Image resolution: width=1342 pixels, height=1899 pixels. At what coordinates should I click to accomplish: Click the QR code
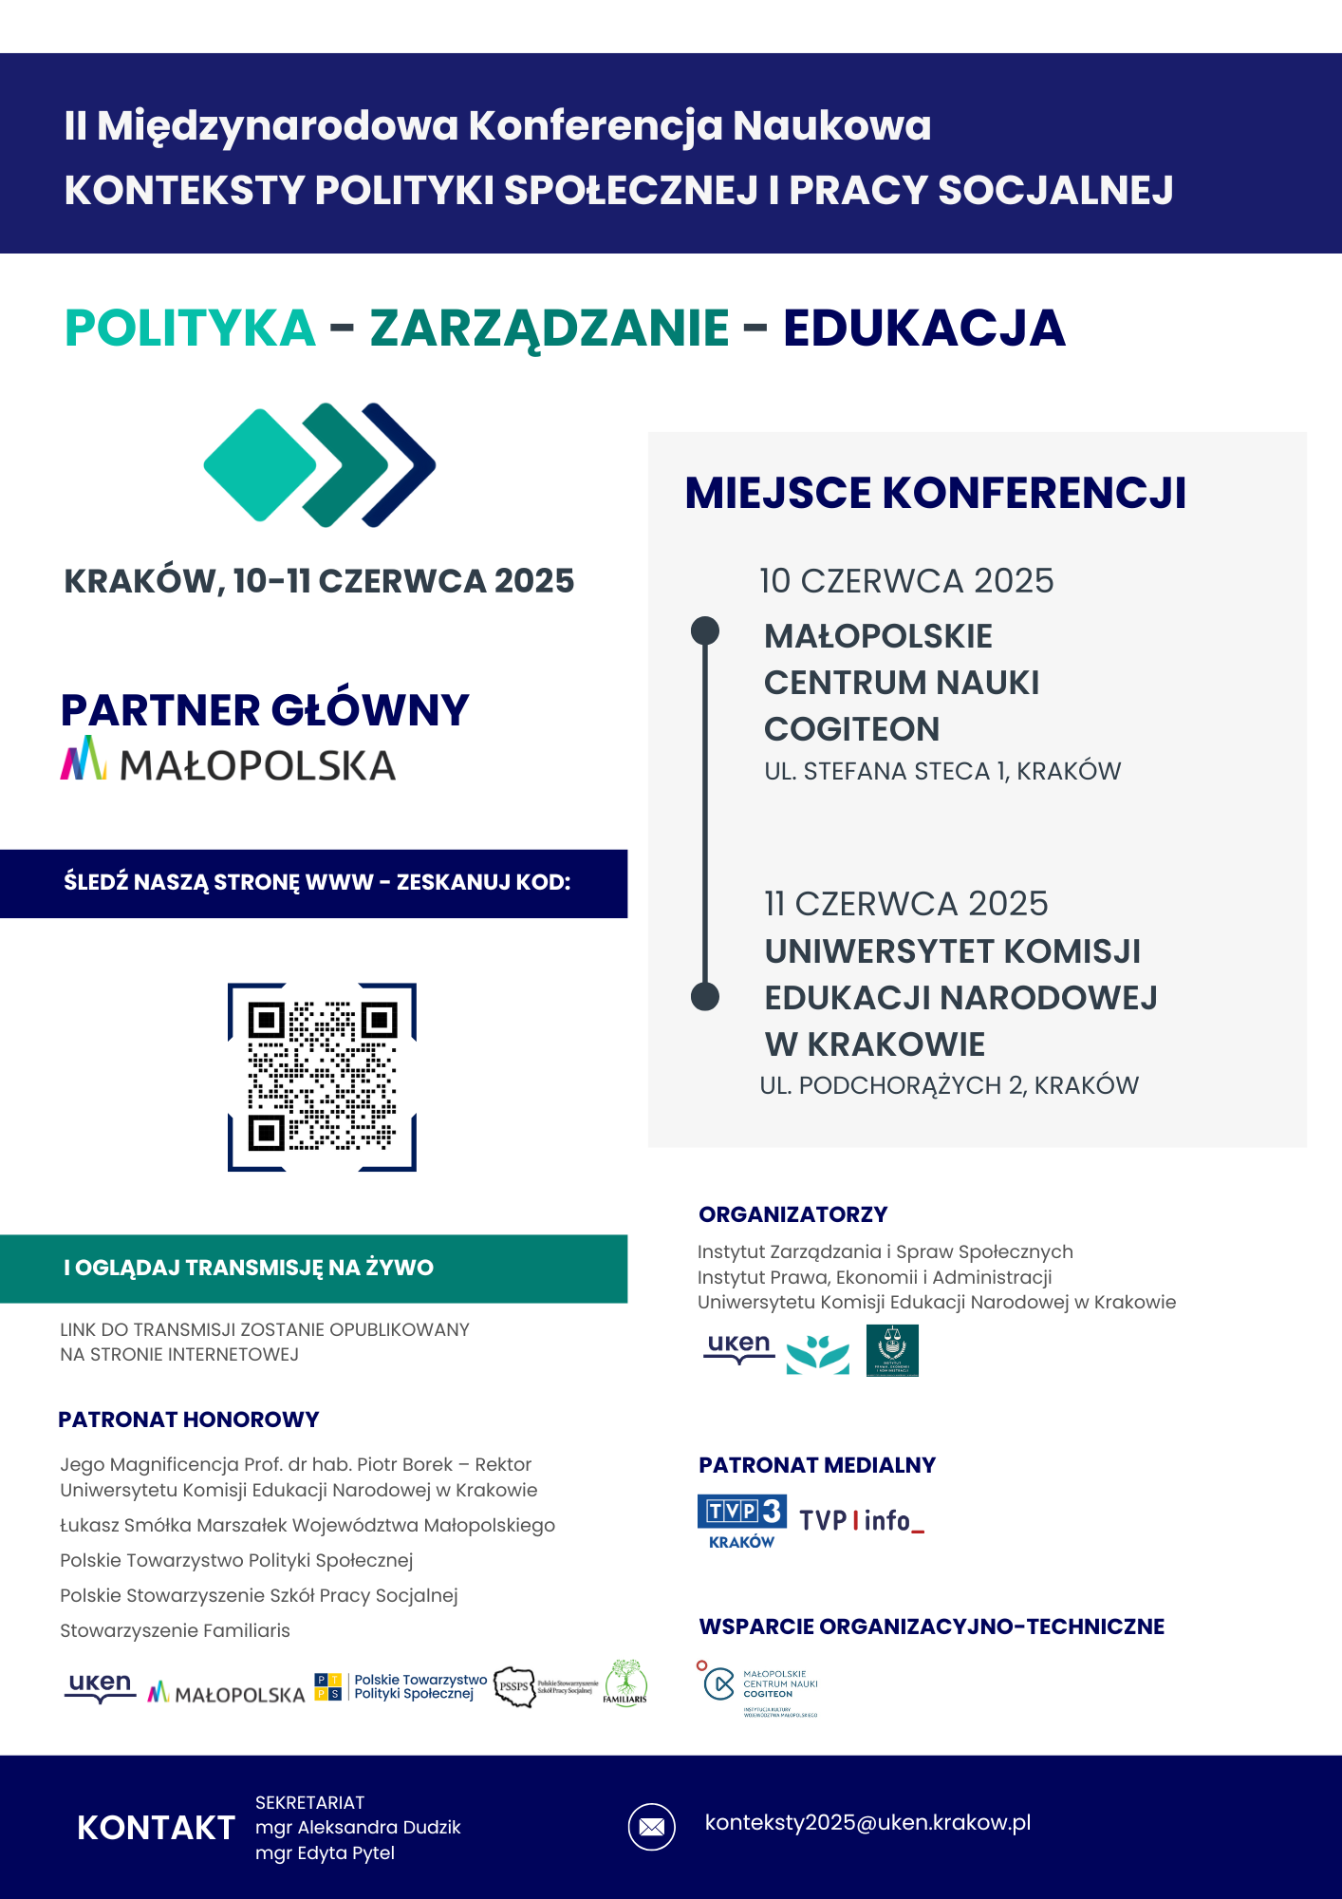(322, 1077)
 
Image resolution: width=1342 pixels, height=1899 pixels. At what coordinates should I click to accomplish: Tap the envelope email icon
(651, 1827)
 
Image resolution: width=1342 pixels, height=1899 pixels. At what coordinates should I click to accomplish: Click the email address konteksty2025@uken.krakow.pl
(867, 1823)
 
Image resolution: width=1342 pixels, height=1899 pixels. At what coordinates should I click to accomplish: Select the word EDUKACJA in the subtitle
(923, 329)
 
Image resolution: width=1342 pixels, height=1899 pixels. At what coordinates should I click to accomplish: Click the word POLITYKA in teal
(190, 329)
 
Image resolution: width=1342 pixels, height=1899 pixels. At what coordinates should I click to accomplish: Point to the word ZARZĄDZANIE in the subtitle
(550, 329)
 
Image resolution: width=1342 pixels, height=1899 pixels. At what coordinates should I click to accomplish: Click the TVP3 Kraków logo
(741, 1521)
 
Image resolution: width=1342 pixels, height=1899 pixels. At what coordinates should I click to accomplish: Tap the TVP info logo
(862, 1521)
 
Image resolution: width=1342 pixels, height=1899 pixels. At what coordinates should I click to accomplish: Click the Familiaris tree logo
(625, 1683)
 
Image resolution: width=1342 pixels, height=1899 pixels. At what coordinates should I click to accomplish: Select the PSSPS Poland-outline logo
(515, 1686)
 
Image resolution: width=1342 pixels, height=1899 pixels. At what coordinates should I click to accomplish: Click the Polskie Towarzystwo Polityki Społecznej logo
(401, 1687)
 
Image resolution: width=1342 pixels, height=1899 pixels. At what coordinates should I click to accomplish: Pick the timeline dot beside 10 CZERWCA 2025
(705, 630)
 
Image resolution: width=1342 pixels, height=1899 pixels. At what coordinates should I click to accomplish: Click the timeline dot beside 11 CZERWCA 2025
(705, 996)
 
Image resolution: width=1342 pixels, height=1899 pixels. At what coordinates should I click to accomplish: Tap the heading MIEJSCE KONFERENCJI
(935, 494)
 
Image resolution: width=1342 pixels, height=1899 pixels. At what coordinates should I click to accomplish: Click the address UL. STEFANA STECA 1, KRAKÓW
(942, 771)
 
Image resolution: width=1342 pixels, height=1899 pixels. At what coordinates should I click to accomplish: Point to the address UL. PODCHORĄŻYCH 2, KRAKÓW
(949, 1085)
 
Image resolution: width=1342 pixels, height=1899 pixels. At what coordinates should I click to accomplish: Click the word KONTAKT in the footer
(156, 1828)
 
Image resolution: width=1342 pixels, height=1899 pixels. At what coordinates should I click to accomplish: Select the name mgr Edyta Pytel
(325, 1852)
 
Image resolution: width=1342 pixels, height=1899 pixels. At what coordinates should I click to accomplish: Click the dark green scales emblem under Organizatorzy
(892, 1350)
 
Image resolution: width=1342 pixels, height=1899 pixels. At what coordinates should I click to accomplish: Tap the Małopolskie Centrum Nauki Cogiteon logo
(759, 1688)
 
